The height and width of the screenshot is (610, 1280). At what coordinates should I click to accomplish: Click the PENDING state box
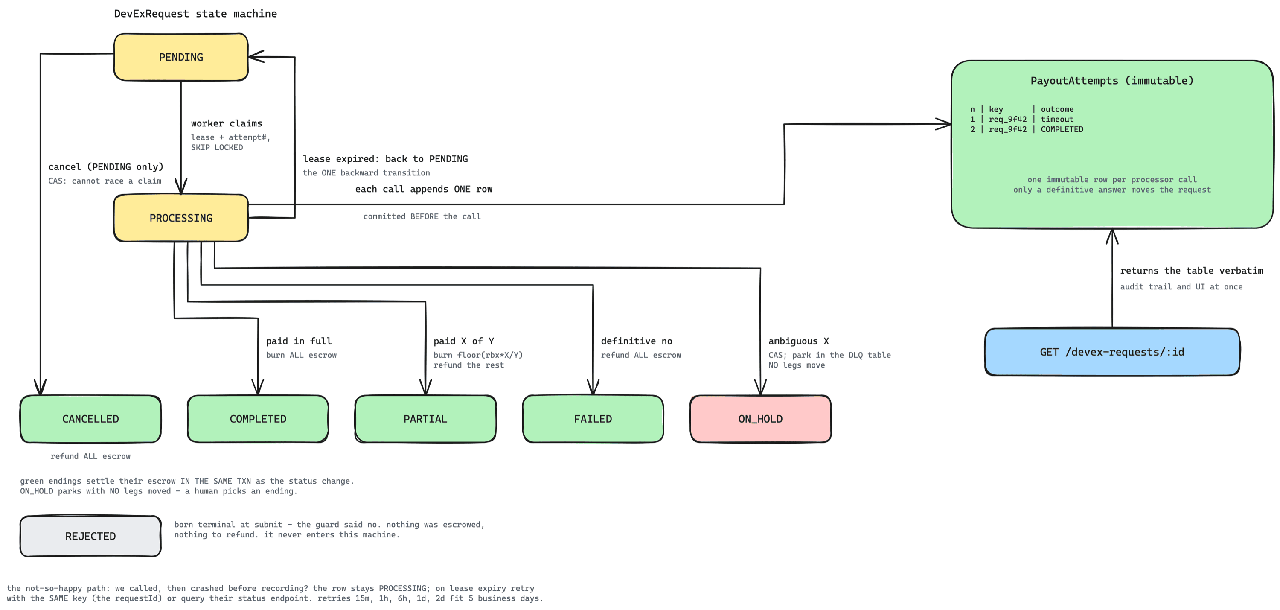[x=181, y=57]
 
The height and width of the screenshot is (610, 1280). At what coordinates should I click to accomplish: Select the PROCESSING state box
[x=181, y=218]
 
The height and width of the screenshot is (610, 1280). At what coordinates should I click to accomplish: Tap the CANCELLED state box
[x=90, y=419]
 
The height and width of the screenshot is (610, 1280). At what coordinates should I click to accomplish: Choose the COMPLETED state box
[x=258, y=419]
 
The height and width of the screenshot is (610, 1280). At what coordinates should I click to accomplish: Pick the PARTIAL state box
[x=425, y=419]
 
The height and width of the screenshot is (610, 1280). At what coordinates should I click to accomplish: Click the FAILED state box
[x=593, y=419]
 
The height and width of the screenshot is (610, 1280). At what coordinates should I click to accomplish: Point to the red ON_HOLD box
[x=760, y=419]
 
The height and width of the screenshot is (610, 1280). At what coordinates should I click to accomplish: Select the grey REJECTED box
[x=90, y=536]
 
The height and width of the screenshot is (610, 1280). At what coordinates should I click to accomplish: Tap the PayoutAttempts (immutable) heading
[x=1112, y=81]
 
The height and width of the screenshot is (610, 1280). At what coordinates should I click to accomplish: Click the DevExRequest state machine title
[x=195, y=13]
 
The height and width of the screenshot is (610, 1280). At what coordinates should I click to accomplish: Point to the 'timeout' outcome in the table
[x=1057, y=120]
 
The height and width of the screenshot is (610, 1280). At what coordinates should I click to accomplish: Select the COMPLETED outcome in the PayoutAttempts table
[x=1062, y=129]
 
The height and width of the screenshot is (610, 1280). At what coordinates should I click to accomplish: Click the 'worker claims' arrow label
[x=227, y=123]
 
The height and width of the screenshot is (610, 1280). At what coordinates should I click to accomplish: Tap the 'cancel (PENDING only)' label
[x=106, y=166]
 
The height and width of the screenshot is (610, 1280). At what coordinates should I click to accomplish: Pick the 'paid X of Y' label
[x=464, y=341]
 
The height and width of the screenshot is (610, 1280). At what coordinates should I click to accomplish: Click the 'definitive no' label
[x=637, y=341]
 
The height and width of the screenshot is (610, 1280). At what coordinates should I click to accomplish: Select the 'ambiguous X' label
[x=799, y=341]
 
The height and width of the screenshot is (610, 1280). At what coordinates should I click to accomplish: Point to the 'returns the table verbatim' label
[x=1192, y=271]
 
